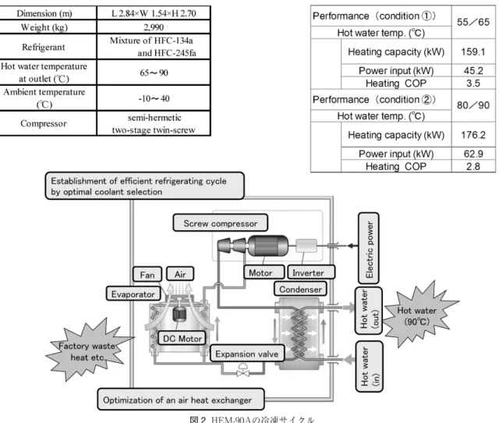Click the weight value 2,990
154,27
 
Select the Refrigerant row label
44,47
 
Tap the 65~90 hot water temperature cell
154,73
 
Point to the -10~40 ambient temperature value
154,98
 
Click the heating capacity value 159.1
473,52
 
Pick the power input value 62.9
473,154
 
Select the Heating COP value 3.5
473,84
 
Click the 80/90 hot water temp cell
473,105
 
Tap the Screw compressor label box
220,222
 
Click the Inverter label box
311,272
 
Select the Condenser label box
300,289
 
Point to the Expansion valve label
247,354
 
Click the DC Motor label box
182,338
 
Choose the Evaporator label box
133,293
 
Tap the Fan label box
147,274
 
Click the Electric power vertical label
369,248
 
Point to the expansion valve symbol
242,370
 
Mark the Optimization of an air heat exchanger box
181,400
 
